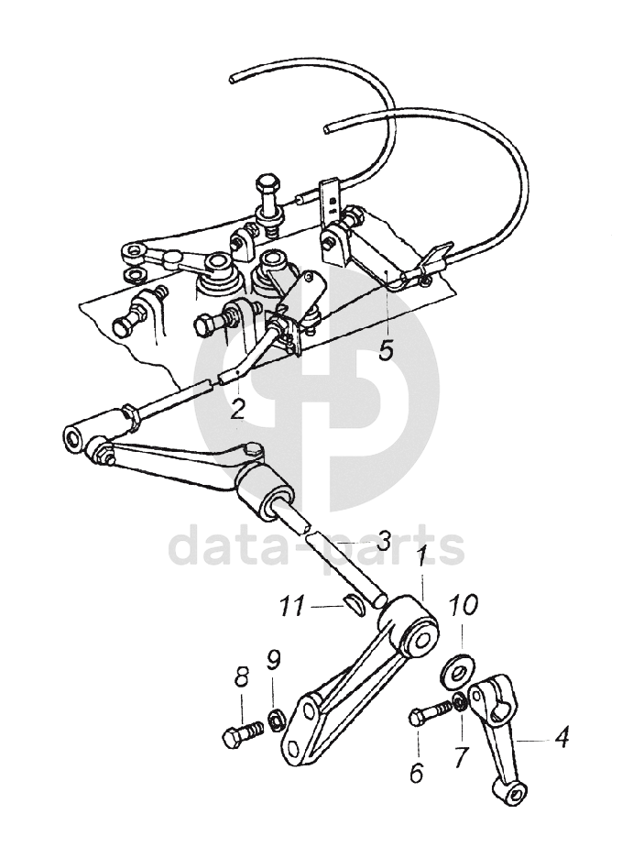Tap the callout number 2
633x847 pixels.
click(x=237, y=406)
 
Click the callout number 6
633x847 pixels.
click(x=417, y=773)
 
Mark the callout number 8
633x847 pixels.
click(x=242, y=678)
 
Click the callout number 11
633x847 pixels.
click(x=292, y=606)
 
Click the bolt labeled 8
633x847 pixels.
click(x=240, y=734)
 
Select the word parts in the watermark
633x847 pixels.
click(x=412, y=548)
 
